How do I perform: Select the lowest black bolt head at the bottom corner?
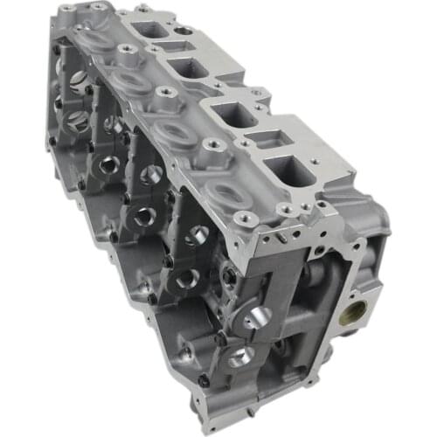pyautogui.click(x=205, y=380)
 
